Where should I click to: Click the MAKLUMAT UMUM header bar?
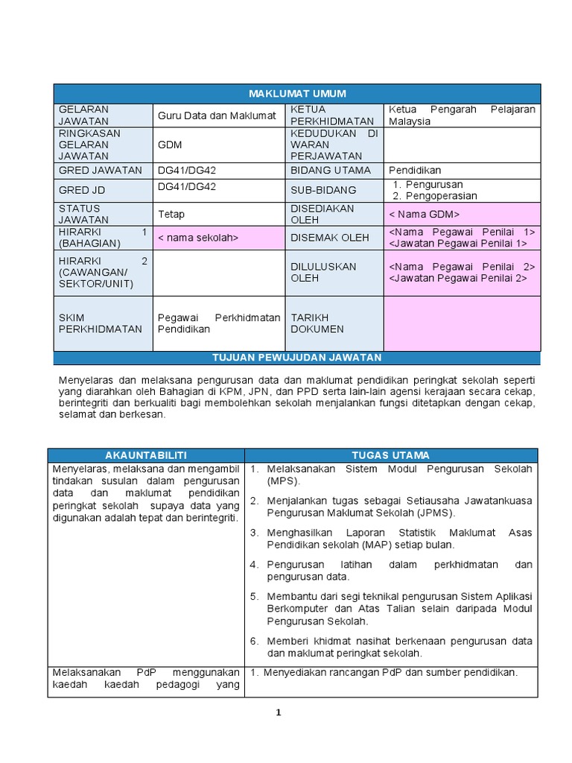pos(296,93)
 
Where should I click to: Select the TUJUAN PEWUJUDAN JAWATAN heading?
pos(296,358)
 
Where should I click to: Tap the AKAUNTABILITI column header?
pos(146,455)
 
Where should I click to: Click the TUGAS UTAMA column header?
pos(390,455)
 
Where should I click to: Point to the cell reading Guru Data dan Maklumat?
pos(217,115)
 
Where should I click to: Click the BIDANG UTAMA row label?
pos(325,171)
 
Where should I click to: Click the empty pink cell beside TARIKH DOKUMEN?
pos(462,323)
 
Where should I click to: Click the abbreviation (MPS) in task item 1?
pos(282,481)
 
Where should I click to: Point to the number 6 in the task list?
pos(253,642)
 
